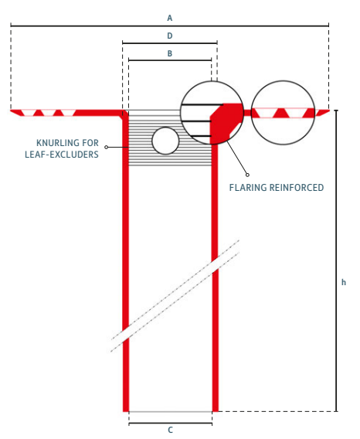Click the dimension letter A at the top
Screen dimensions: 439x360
170,17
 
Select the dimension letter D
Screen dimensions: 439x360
170,36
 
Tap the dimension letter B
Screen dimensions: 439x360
170,53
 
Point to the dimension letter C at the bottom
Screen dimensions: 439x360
170,430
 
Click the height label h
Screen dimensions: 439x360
344,283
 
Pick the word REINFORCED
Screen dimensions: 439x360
300,187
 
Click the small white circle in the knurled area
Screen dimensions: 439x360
165,141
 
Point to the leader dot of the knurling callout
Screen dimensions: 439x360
107,147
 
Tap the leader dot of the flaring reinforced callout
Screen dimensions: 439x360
247,173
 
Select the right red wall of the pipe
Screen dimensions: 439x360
216,309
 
